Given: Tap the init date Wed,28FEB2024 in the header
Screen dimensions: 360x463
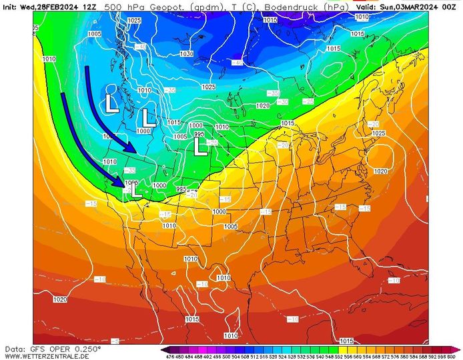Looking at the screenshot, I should click(x=47, y=7).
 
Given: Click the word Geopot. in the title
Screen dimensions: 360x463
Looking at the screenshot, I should click(x=157, y=7).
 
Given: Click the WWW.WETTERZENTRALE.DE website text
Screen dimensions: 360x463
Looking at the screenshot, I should click(x=47, y=356).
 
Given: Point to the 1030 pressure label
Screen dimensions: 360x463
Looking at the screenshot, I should click(x=186, y=54).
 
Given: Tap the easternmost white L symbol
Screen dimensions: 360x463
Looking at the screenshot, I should click(x=199, y=147).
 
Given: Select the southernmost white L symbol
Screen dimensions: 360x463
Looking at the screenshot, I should click(x=135, y=190).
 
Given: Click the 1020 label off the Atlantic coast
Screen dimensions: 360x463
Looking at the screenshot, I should click(x=380, y=171).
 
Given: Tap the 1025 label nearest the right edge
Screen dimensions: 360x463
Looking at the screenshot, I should click(x=378, y=133).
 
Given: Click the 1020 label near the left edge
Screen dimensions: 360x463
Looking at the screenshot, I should click(x=59, y=299).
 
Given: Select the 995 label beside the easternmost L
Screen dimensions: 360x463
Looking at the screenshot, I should click(x=199, y=135).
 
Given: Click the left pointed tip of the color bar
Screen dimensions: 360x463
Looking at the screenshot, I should click(x=162, y=349).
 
